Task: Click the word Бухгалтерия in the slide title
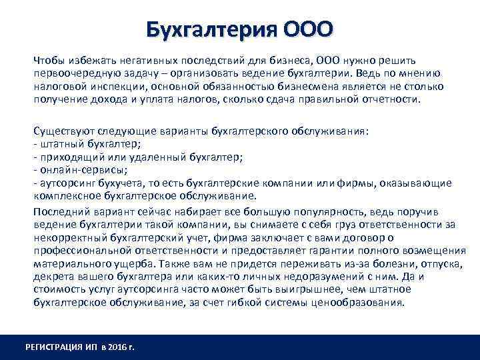click(x=211, y=30)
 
